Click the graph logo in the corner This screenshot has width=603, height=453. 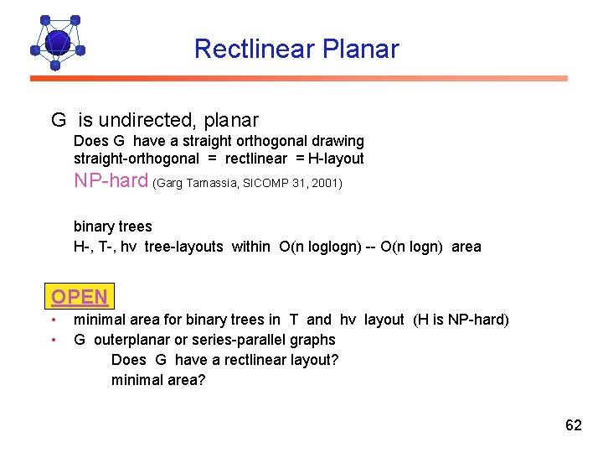click(x=56, y=41)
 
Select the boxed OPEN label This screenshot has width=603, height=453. click(x=80, y=297)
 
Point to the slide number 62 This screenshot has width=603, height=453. click(x=573, y=425)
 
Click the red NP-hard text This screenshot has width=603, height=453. click(x=111, y=180)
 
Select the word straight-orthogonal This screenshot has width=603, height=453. click(x=137, y=159)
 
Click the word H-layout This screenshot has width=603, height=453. click(x=336, y=159)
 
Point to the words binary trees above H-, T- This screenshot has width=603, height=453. click(x=113, y=226)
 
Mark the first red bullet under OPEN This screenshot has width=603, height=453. click(x=54, y=320)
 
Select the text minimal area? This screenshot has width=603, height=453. click(x=158, y=380)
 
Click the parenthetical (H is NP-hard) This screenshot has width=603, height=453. click(x=461, y=320)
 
